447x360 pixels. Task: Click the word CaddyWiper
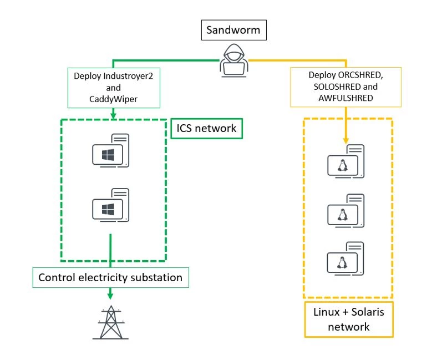tap(114, 99)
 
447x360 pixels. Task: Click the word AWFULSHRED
tap(347, 98)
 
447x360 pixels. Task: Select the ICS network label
tap(206, 128)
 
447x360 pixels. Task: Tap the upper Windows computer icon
tap(110, 150)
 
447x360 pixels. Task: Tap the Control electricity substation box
tap(110, 277)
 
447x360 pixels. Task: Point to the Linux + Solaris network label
tap(348, 319)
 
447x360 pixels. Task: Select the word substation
tap(159, 277)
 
